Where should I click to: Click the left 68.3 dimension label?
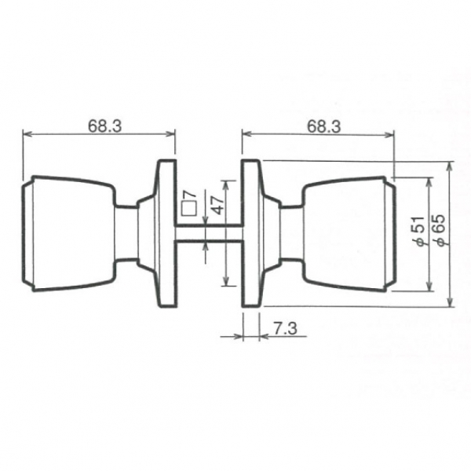tap(105, 126)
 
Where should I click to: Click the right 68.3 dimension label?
tap(323, 126)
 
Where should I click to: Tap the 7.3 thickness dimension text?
tap(285, 328)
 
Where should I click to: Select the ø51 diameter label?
tap(419, 232)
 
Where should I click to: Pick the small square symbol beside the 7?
tap(189, 208)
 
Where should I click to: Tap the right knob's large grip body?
tap(349, 234)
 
